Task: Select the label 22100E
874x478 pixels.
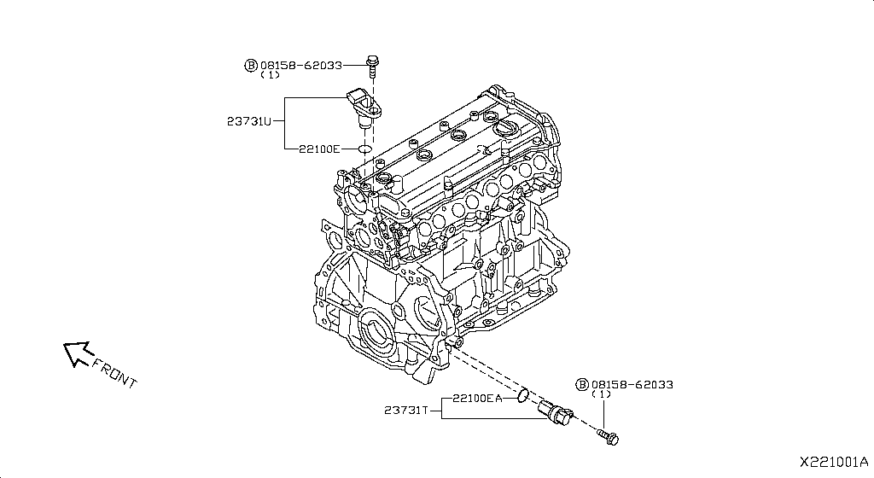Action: [x=319, y=149]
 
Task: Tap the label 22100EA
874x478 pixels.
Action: [x=476, y=398]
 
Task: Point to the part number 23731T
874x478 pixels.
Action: [x=405, y=411]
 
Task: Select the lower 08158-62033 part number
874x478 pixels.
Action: [x=632, y=385]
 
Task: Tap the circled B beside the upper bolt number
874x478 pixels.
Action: [x=251, y=65]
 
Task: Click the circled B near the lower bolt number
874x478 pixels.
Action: [x=583, y=385]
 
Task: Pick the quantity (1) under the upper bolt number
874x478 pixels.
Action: [x=270, y=75]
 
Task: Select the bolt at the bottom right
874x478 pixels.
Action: [x=609, y=438]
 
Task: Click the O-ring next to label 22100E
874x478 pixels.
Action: [x=364, y=149]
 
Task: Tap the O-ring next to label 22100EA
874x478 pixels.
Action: [x=521, y=396]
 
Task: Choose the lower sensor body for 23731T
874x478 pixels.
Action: [x=554, y=412]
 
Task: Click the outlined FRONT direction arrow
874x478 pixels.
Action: [x=78, y=352]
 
